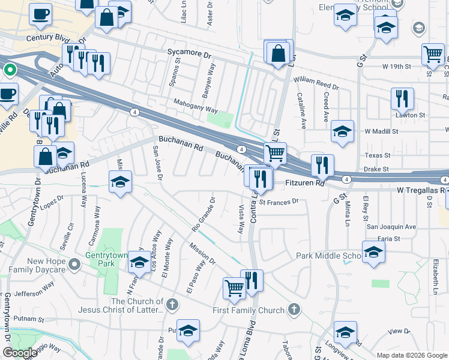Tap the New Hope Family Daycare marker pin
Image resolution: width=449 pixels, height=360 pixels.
74,264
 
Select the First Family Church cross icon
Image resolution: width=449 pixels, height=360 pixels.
294,310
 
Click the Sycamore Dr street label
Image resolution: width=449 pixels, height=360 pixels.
190,54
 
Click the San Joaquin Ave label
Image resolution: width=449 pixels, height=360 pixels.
391,227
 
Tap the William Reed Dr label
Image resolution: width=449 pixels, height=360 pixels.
316,82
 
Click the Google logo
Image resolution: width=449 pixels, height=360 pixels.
20,353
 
